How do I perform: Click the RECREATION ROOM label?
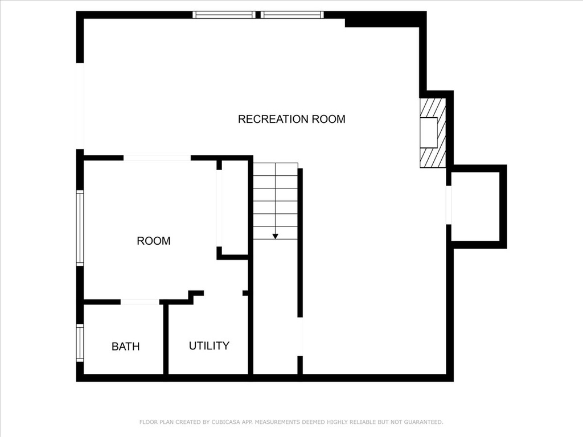[x=291, y=119]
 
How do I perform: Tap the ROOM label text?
[x=154, y=241]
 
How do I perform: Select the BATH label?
[x=126, y=347]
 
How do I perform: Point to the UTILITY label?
[x=209, y=345]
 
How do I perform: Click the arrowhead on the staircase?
[x=275, y=236]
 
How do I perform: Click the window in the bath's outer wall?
[x=80, y=343]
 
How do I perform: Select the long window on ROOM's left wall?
[x=80, y=228]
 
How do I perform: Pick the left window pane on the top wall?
[x=224, y=15]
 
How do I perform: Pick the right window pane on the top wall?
[x=292, y=15]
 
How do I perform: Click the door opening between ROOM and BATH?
[x=140, y=302]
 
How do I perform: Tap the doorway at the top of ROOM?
[x=157, y=158]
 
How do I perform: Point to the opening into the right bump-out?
[x=449, y=205]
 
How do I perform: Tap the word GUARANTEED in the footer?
[x=424, y=422]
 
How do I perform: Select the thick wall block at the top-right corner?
[x=385, y=19]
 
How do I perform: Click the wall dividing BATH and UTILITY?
[x=166, y=340]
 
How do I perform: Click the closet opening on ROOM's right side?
[x=219, y=208]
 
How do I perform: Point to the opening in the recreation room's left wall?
[x=80, y=106]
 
